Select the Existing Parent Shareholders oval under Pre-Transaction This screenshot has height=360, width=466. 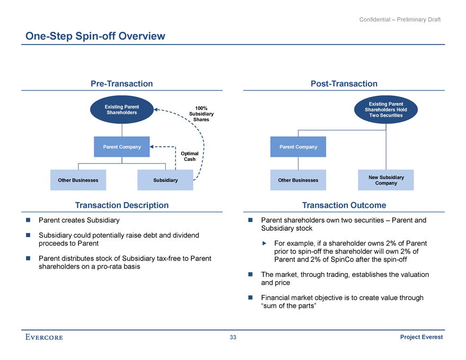click(122, 110)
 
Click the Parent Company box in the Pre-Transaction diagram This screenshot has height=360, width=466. click(122, 147)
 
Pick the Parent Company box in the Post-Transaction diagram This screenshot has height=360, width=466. click(298, 147)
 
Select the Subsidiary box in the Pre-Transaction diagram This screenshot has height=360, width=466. click(165, 181)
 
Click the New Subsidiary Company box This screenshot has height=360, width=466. click(386, 180)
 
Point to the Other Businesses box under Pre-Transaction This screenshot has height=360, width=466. click(78, 181)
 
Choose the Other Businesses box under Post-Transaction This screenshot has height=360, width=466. click(298, 181)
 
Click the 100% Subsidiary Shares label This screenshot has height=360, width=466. click(201, 114)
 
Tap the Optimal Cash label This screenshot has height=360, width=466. click(190, 156)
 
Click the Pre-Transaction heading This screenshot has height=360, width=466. click(122, 84)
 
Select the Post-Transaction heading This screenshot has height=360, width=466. click(344, 84)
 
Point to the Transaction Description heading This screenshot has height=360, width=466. click(122, 205)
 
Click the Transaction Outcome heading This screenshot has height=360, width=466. click(344, 205)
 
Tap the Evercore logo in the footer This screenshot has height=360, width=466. click(43, 338)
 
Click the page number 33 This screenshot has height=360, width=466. click(233, 338)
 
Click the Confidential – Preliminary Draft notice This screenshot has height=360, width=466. click(400, 20)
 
